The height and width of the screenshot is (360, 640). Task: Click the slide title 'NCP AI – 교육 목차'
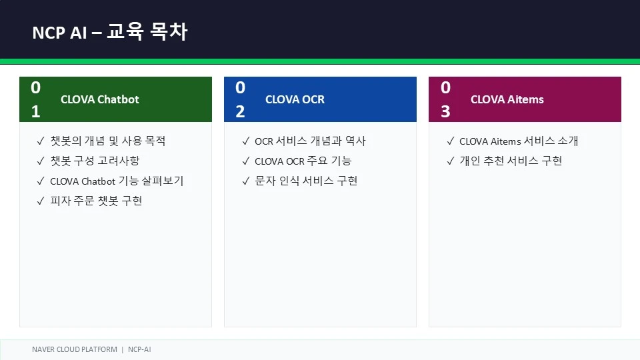[x=110, y=32]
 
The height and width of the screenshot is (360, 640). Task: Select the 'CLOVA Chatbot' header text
[x=100, y=99]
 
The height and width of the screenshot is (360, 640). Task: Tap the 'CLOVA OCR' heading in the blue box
[x=295, y=99]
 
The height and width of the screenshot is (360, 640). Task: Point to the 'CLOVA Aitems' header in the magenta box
[x=507, y=99]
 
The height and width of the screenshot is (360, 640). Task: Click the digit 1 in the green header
[x=36, y=111]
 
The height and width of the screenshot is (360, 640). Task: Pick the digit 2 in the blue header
[x=241, y=111]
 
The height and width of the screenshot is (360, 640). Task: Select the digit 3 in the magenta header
[x=446, y=111]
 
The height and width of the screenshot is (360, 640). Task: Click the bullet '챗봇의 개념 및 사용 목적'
[x=108, y=141]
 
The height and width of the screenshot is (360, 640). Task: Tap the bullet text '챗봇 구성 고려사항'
[x=95, y=161]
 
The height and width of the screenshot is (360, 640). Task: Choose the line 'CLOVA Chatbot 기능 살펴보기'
[x=117, y=181]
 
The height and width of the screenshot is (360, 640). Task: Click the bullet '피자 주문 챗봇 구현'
[x=96, y=201]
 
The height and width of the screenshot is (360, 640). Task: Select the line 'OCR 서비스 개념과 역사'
[x=310, y=141]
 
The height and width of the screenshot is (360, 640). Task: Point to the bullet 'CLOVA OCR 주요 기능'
[x=303, y=161]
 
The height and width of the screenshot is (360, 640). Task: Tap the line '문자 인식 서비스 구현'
[x=306, y=181]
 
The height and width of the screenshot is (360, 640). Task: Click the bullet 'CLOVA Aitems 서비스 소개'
[x=519, y=141]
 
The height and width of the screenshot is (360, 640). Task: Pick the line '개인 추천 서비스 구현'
[x=511, y=161]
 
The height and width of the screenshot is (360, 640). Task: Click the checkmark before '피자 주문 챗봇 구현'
[x=41, y=201]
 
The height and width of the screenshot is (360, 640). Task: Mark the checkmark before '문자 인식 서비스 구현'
[x=246, y=181]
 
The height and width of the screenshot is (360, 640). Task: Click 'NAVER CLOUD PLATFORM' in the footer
[x=75, y=349]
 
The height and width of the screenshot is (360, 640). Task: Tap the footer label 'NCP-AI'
[x=139, y=349]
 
